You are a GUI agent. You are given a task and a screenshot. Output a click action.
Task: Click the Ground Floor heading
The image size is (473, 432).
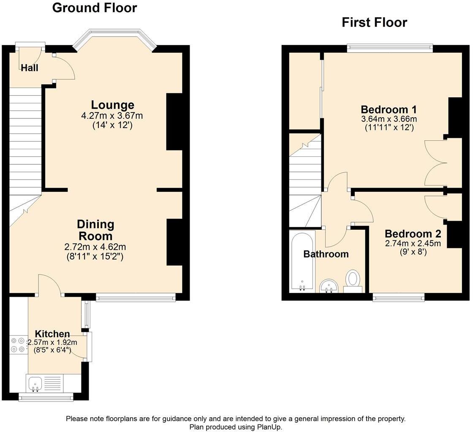(95, 8)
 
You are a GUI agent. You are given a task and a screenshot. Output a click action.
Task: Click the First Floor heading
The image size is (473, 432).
(374, 22)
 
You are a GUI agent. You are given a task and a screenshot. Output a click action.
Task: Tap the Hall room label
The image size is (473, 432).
(30, 68)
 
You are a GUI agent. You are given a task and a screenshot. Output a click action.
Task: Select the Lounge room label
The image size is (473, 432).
(112, 105)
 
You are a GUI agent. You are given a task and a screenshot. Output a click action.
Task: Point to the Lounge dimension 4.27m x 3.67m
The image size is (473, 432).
(112, 115)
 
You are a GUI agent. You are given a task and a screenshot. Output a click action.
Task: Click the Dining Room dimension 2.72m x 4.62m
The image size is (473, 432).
(95, 247)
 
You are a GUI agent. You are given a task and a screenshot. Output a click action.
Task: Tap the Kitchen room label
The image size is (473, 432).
(52, 334)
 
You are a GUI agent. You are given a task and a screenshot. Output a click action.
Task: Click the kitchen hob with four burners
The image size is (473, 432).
(17, 345)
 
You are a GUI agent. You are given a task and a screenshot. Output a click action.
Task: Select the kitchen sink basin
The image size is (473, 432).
(35, 384)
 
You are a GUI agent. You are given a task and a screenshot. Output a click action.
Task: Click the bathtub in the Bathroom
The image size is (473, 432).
(302, 261)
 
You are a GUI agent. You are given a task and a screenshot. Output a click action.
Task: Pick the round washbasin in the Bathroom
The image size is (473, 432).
(329, 286)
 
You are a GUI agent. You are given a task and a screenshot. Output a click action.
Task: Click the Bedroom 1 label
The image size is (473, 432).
(389, 109)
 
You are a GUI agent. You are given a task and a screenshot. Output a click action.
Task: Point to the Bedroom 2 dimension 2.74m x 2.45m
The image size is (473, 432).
(413, 243)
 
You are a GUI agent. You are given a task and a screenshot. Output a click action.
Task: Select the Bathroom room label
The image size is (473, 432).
(326, 254)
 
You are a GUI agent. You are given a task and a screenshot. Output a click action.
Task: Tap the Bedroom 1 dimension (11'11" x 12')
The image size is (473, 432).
(389, 127)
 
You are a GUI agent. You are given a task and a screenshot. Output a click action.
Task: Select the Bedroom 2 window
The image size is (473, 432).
(399, 298)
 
